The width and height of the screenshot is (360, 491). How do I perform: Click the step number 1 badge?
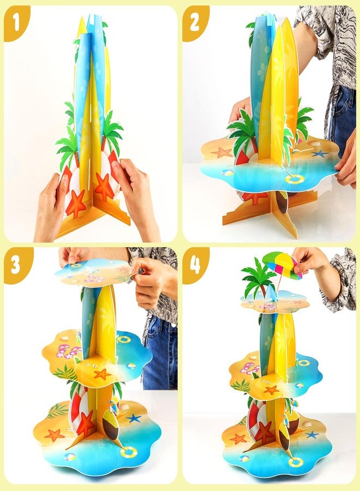click(x=16, y=22)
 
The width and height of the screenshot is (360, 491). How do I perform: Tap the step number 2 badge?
click(x=195, y=22)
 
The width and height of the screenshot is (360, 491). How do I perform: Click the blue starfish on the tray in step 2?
click(x=320, y=154)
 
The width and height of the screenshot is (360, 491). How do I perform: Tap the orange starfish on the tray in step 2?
click(x=222, y=153)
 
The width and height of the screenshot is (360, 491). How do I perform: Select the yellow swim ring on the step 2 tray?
click(x=295, y=179)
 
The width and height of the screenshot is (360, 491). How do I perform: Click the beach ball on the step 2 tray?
click(x=227, y=173)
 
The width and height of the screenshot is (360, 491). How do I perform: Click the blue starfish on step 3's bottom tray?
click(x=134, y=418)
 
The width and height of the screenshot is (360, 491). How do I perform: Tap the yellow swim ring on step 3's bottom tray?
click(x=129, y=452)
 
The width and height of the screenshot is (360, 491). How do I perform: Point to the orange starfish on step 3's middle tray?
click(x=103, y=374)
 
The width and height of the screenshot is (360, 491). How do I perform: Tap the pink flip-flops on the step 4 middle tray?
click(x=249, y=368)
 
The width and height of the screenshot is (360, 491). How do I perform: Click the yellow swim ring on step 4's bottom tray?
click(x=296, y=462)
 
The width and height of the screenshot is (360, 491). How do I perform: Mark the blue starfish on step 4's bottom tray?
click(x=312, y=435)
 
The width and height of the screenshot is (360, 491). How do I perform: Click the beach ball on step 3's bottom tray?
click(x=69, y=456)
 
